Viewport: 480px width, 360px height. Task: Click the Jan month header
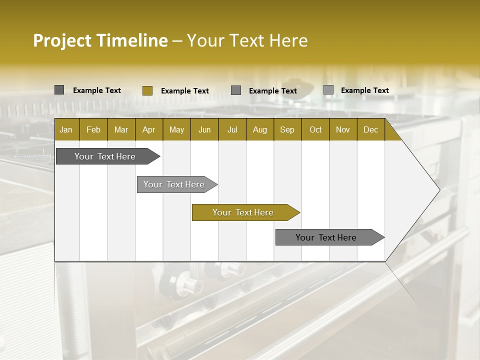66,129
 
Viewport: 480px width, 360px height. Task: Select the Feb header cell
93,129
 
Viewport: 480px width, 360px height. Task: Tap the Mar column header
121,129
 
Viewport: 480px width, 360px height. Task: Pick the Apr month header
149,129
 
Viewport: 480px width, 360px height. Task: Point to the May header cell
176,129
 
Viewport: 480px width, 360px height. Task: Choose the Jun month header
204,129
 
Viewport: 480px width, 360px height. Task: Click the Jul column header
232,129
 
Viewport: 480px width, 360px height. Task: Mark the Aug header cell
260,129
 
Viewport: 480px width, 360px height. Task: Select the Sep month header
287,129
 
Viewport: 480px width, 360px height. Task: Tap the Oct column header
315,129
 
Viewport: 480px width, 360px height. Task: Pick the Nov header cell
343,129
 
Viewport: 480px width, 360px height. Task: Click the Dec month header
371,129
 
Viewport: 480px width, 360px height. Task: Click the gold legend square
147,90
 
